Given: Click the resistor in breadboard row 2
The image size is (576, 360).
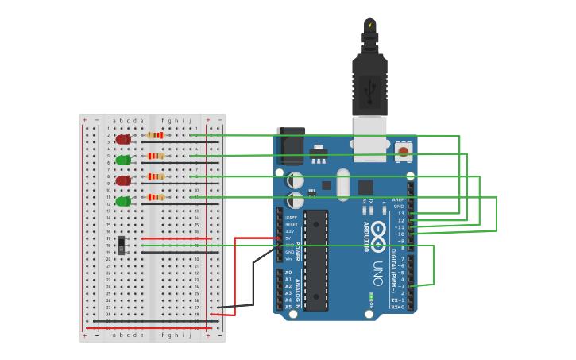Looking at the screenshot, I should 156,135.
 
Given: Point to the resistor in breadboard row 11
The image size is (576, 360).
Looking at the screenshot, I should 156,197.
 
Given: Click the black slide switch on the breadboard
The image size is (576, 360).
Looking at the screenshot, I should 121,245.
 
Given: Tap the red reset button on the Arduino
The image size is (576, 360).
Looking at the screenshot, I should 404,150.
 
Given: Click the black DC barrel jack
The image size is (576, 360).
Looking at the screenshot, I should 290,147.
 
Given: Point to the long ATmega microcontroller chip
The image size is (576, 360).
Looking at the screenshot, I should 315,260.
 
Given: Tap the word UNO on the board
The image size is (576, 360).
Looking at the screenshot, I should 377,273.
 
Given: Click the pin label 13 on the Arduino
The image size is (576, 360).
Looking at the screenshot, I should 400,214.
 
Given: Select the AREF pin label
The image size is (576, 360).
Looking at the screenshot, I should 398,200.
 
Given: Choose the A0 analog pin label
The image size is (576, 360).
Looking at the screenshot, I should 288,273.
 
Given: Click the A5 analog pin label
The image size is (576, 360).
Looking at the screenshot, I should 288,307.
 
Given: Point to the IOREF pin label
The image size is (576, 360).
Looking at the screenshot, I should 291,217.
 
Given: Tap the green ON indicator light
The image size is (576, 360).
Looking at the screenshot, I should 371,298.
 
